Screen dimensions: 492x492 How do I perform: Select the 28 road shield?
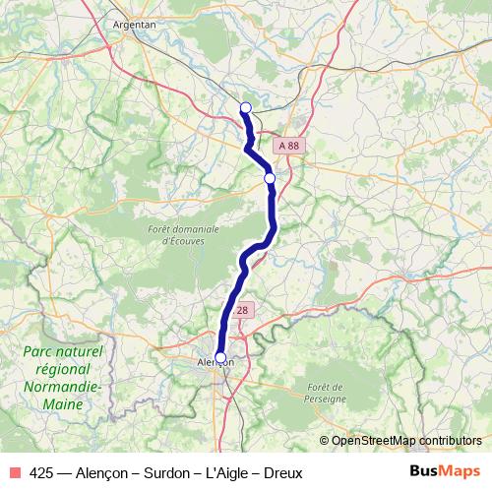point(243,310)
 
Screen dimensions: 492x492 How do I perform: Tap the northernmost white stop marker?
point(246,108)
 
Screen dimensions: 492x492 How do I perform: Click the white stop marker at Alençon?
point(220,358)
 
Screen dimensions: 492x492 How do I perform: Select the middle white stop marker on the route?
point(270,178)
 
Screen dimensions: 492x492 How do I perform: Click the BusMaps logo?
point(445,473)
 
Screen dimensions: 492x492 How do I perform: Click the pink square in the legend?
point(15,473)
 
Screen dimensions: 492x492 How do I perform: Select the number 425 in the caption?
point(41,473)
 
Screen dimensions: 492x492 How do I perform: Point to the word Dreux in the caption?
point(282,473)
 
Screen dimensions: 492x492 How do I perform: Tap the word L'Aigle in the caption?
point(226,473)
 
